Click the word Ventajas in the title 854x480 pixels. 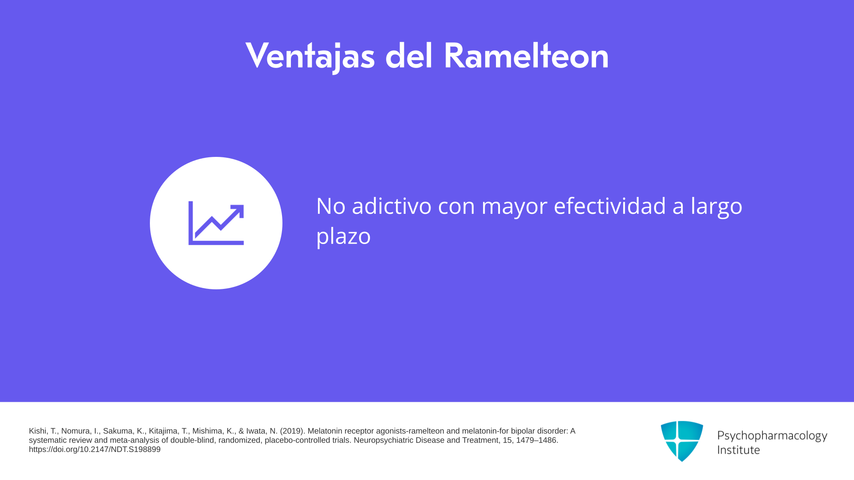tap(310, 56)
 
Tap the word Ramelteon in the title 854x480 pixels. tap(526, 56)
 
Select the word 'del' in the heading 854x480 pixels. tap(409, 56)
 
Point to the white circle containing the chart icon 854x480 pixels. tap(216, 223)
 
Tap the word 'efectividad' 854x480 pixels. tap(610, 206)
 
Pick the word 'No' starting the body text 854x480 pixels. tap(331, 206)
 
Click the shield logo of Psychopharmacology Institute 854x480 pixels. tap(682, 441)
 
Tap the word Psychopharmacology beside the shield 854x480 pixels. tap(772, 436)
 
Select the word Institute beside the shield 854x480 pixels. tap(738, 450)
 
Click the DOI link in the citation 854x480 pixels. tap(95, 449)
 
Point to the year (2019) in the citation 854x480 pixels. tap(293, 431)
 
